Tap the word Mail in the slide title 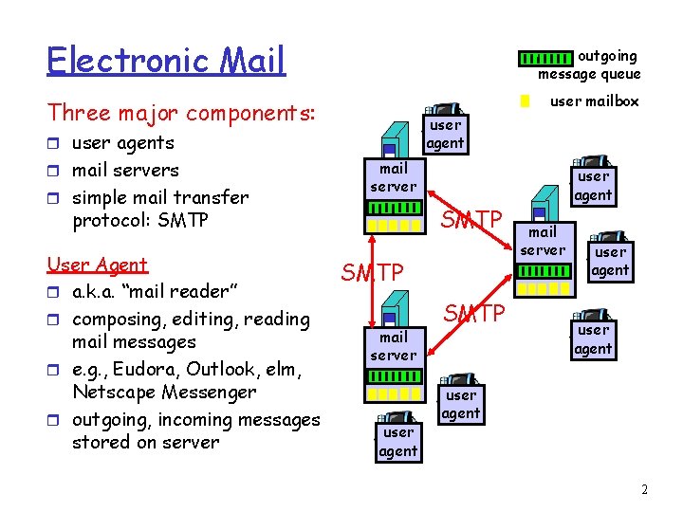(250, 61)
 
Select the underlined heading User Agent (98, 265)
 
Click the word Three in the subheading (77, 113)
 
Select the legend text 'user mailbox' (595, 101)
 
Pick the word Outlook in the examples (221, 369)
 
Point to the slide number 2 (644, 490)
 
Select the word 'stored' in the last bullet (98, 443)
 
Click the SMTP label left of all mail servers (372, 273)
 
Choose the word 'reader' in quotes (190, 292)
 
